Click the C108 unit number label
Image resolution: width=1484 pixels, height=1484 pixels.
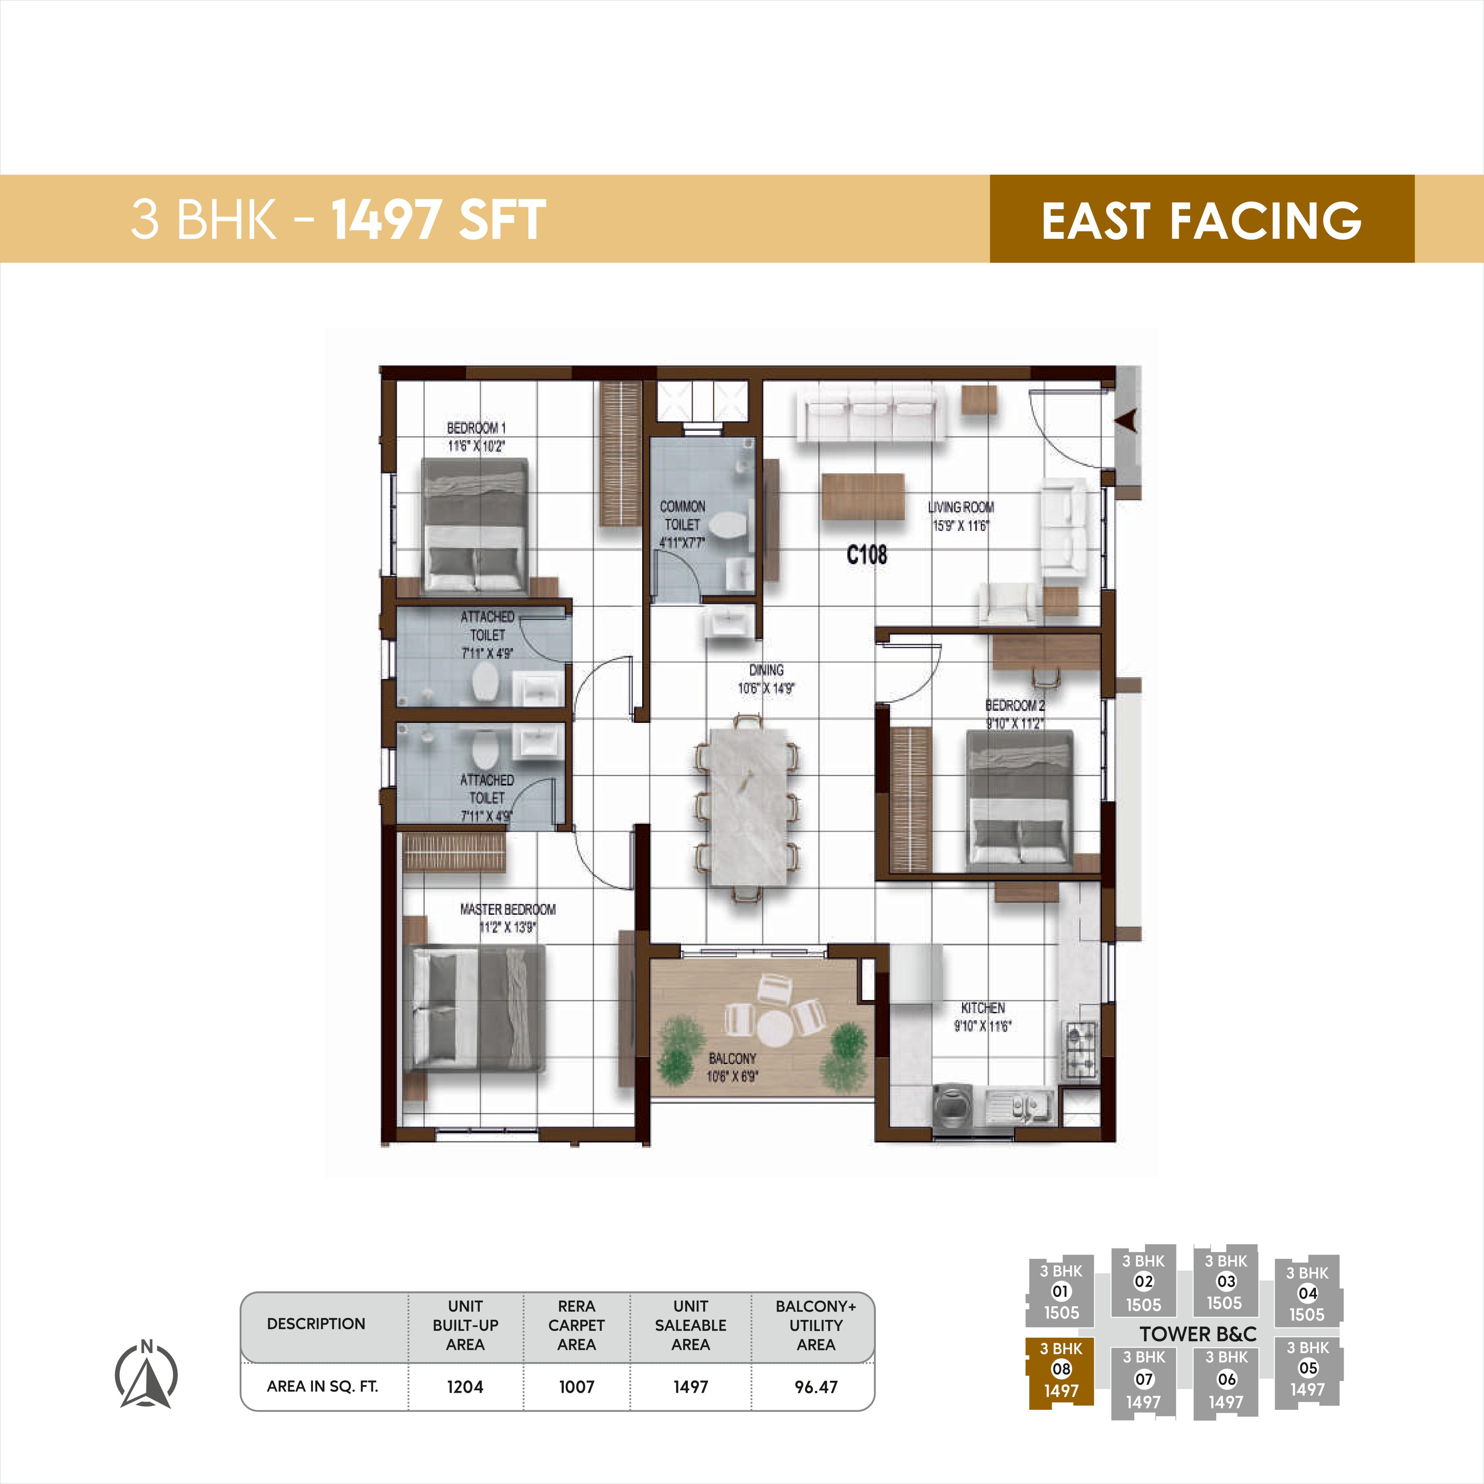coord(867,554)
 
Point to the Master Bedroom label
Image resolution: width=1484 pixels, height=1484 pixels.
coord(508,909)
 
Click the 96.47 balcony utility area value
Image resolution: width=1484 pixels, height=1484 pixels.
coord(816,1386)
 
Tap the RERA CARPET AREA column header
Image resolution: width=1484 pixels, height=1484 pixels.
coord(576,1325)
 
